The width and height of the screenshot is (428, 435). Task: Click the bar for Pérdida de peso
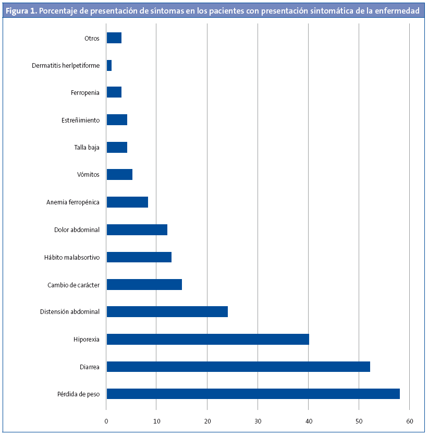(x=253, y=394)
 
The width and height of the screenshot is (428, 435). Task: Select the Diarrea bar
(x=238, y=367)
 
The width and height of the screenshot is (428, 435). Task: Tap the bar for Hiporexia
(x=207, y=339)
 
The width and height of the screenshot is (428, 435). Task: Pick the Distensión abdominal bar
(x=167, y=312)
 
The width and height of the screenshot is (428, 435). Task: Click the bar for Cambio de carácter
(x=144, y=284)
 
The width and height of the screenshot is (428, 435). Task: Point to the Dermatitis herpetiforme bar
(x=109, y=65)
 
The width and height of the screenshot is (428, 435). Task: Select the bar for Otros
(x=114, y=38)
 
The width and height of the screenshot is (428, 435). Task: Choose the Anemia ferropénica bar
(x=127, y=202)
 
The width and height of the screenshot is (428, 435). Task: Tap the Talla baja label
(x=87, y=148)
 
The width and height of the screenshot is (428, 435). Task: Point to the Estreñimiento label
(x=80, y=120)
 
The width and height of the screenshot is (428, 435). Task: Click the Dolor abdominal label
(x=77, y=229)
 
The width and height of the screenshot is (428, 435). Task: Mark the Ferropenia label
(x=85, y=93)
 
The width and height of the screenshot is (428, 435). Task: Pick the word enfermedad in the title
(x=397, y=10)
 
